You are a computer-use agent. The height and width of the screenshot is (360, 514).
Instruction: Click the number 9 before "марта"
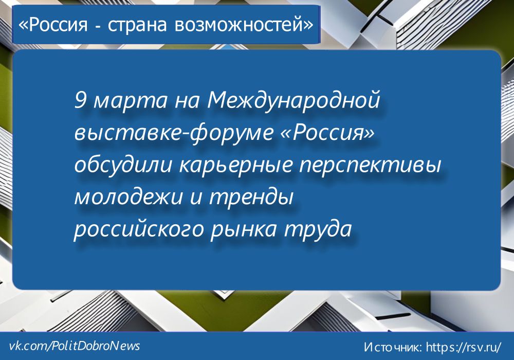[80, 101]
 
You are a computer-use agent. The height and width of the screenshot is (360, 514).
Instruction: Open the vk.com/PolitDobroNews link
[75, 346]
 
